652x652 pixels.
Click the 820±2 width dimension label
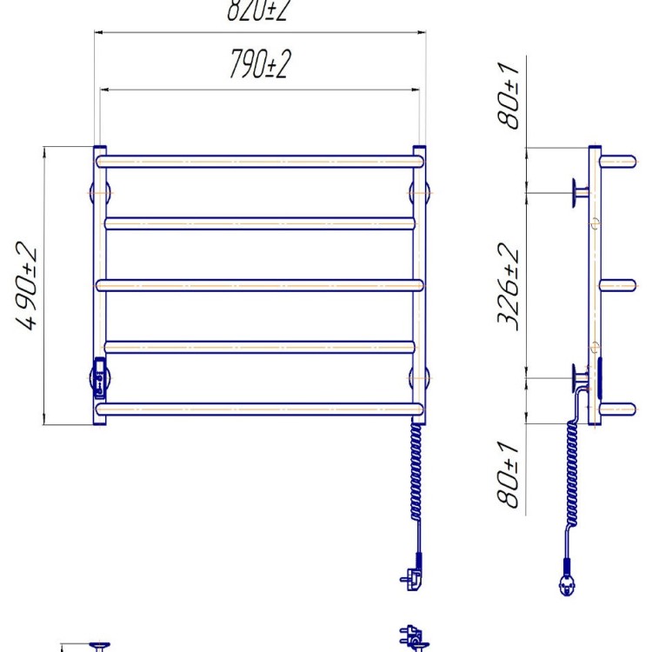tap(258, 10)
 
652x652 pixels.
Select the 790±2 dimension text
tap(258, 66)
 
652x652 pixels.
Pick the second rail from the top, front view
tap(259, 223)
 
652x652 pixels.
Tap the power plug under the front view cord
tap(410, 576)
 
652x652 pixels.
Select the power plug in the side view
tap(567, 584)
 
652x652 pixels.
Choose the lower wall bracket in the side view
tap(577, 377)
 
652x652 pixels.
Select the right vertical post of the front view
tap(420, 287)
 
